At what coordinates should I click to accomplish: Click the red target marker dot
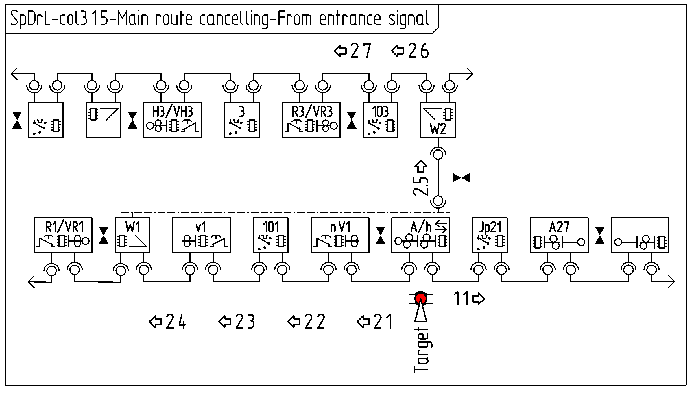[x=420, y=298]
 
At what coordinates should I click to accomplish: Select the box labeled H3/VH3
[x=173, y=120]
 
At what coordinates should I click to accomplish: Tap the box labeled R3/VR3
[x=311, y=120]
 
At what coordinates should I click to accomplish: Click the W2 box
[x=438, y=120]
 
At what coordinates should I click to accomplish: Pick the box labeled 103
[x=380, y=120]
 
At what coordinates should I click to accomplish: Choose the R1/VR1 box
[x=63, y=235]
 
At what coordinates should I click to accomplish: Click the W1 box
[x=132, y=235]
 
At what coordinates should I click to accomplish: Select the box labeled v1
[x=202, y=235]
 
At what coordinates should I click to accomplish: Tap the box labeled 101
[x=271, y=235]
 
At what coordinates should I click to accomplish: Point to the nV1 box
[x=340, y=235]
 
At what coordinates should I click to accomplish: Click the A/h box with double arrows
[x=420, y=235]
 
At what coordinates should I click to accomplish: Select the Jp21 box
[x=490, y=235]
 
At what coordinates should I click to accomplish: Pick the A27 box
[x=559, y=235]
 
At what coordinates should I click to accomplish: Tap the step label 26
[x=411, y=51]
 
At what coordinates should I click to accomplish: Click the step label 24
[x=168, y=322]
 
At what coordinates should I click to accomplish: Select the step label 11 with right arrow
[x=468, y=299]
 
